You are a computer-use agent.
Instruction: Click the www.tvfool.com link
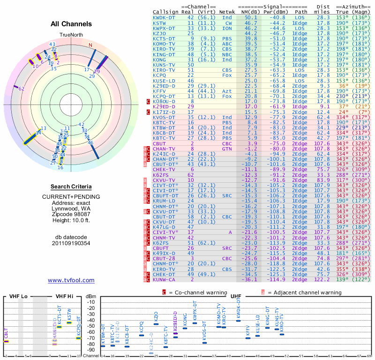pyautogui.click(x=71, y=280)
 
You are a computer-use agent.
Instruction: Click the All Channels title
pyautogui.click(x=71, y=24)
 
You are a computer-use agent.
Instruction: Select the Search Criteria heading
pyautogui.click(x=71, y=187)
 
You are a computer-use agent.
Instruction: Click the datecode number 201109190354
pyautogui.click(x=71, y=243)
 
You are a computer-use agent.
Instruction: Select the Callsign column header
pyautogui.click(x=165, y=11)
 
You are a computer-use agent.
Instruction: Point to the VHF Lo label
pyautogui.click(x=19, y=297)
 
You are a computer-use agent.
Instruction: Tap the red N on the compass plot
pyautogui.click(x=90, y=45)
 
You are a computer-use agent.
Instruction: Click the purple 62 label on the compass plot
pyautogui.click(x=22, y=89)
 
